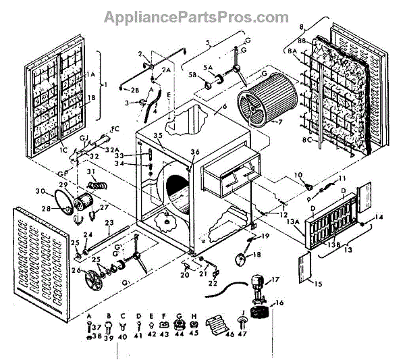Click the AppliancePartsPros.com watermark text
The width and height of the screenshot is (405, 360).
202,16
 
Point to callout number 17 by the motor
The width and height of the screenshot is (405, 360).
275,279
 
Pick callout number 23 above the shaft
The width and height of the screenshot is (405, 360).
107,222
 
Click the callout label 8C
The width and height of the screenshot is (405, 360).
307,140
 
